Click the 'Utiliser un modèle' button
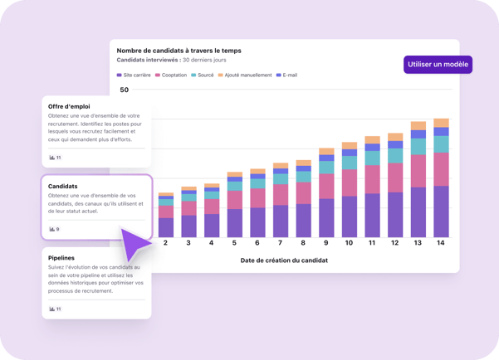[438, 64]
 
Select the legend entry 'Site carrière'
[135, 75]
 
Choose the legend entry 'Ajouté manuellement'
[245, 75]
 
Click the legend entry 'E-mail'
[286, 75]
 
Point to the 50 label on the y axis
[125, 90]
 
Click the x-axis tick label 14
[441, 243]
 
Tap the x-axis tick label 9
[326, 243]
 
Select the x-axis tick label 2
[165, 243]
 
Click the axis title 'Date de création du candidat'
[284, 260]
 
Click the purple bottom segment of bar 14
[441, 212]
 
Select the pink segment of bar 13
[418, 171]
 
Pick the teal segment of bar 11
[372, 158]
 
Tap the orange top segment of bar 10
[349, 145]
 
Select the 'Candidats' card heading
[63, 187]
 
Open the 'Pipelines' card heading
[62, 258]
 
